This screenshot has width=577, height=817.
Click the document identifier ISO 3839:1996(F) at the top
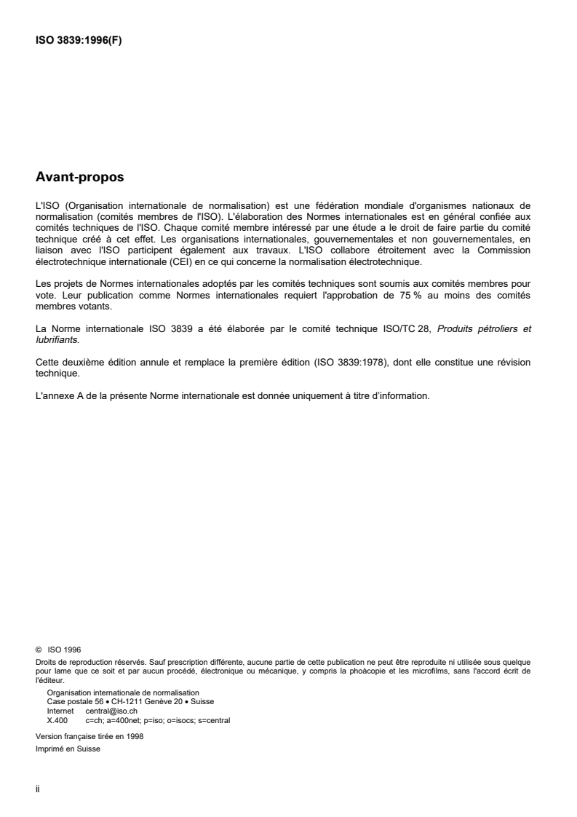79,41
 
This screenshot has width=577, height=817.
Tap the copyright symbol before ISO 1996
39,649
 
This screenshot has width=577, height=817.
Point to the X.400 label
57,720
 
